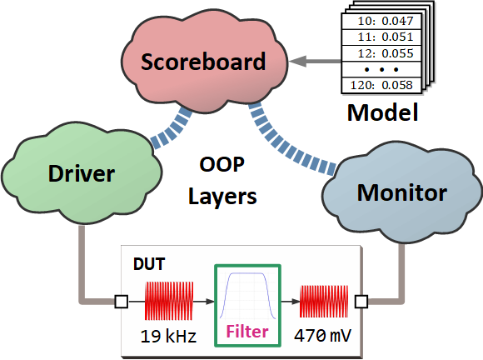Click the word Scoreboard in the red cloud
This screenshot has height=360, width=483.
pyautogui.click(x=203, y=62)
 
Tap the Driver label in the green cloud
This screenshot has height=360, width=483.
pyautogui.click(x=82, y=173)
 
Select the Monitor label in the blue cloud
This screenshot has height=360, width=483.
pyautogui.click(x=402, y=193)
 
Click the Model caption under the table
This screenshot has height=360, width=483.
pyautogui.click(x=382, y=112)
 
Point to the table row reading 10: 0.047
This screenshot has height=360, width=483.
pyautogui.click(x=381, y=22)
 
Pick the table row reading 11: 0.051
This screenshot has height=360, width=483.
pyautogui.click(x=381, y=37)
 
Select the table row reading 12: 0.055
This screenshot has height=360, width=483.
pyautogui.click(x=381, y=53)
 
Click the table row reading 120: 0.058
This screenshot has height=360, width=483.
pyautogui.click(x=381, y=85)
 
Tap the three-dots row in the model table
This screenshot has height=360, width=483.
pyautogui.click(x=381, y=70)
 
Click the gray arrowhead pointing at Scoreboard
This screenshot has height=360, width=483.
pyautogui.click(x=298, y=61)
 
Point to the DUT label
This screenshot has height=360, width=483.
pyautogui.click(x=149, y=264)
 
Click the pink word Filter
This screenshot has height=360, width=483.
pyautogui.click(x=247, y=332)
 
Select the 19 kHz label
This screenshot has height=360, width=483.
pyautogui.click(x=168, y=336)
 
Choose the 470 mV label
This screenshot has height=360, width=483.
pyautogui.click(x=322, y=335)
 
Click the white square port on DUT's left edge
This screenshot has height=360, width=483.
pyautogui.click(x=122, y=302)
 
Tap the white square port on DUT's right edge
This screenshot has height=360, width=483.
pyautogui.click(x=361, y=302)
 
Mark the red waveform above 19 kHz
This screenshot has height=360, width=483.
pyautogui.click(x=169, y=301)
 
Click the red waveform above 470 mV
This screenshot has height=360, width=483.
pyautogui.click(x=324, y=302)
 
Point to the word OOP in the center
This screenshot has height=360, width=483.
pyautogui.click(x=222, y=165)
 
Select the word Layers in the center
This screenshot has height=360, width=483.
pyautogui.click(x=222, y=197)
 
